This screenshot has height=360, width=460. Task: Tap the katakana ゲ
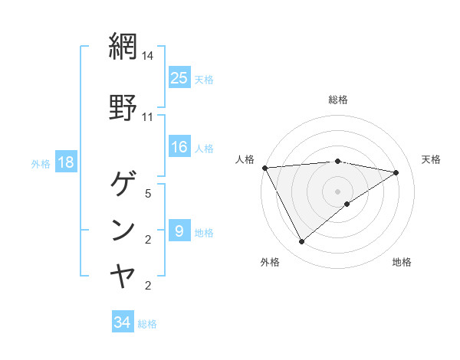click(123, 184)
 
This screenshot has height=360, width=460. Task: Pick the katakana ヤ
click(123, 275)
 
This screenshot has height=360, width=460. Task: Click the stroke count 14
click(148, 56)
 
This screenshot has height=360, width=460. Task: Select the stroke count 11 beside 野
click(148, 117)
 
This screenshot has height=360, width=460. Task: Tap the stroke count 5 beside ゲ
click(148, 194)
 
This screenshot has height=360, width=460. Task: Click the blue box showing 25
click(179, 77)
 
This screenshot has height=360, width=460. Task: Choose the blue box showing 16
click(179, 147)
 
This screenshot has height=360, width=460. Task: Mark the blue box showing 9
click(179, 231)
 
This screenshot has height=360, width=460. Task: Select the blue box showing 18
click(65, 162)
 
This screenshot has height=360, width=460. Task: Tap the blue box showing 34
click(123, 322)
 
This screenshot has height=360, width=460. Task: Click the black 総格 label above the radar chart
click(338, 100)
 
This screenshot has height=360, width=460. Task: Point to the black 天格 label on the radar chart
click(432, 159)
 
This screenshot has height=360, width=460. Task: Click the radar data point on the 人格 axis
click(264, 168)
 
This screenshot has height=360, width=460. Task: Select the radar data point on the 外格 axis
click(301, 241)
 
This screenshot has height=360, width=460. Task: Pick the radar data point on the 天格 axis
click(396, 172)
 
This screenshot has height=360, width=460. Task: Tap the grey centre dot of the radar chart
click(338, 191)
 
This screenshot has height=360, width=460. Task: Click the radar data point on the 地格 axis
click(348, 204)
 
